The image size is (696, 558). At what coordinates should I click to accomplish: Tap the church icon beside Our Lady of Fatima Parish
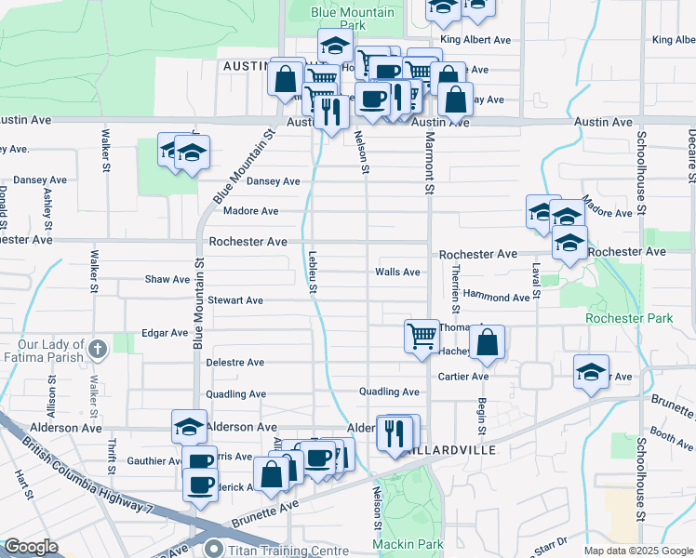click(x=99, y=350)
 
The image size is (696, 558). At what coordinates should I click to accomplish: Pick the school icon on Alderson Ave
click(x=189, y=427)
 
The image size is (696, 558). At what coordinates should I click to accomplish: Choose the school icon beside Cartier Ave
click(x=591, y=372)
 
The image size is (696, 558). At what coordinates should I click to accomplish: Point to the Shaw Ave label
click(x=167, y=279)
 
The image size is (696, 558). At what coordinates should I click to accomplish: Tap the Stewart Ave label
click(x=235, y=300)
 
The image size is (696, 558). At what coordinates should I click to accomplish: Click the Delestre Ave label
click(x=235, y=362)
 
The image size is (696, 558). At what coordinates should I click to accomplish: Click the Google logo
click(x=31, y=547)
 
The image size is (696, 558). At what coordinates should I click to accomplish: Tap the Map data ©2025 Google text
click(x=638, y=551)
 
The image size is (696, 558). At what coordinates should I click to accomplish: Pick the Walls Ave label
click(x=397, y=272)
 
